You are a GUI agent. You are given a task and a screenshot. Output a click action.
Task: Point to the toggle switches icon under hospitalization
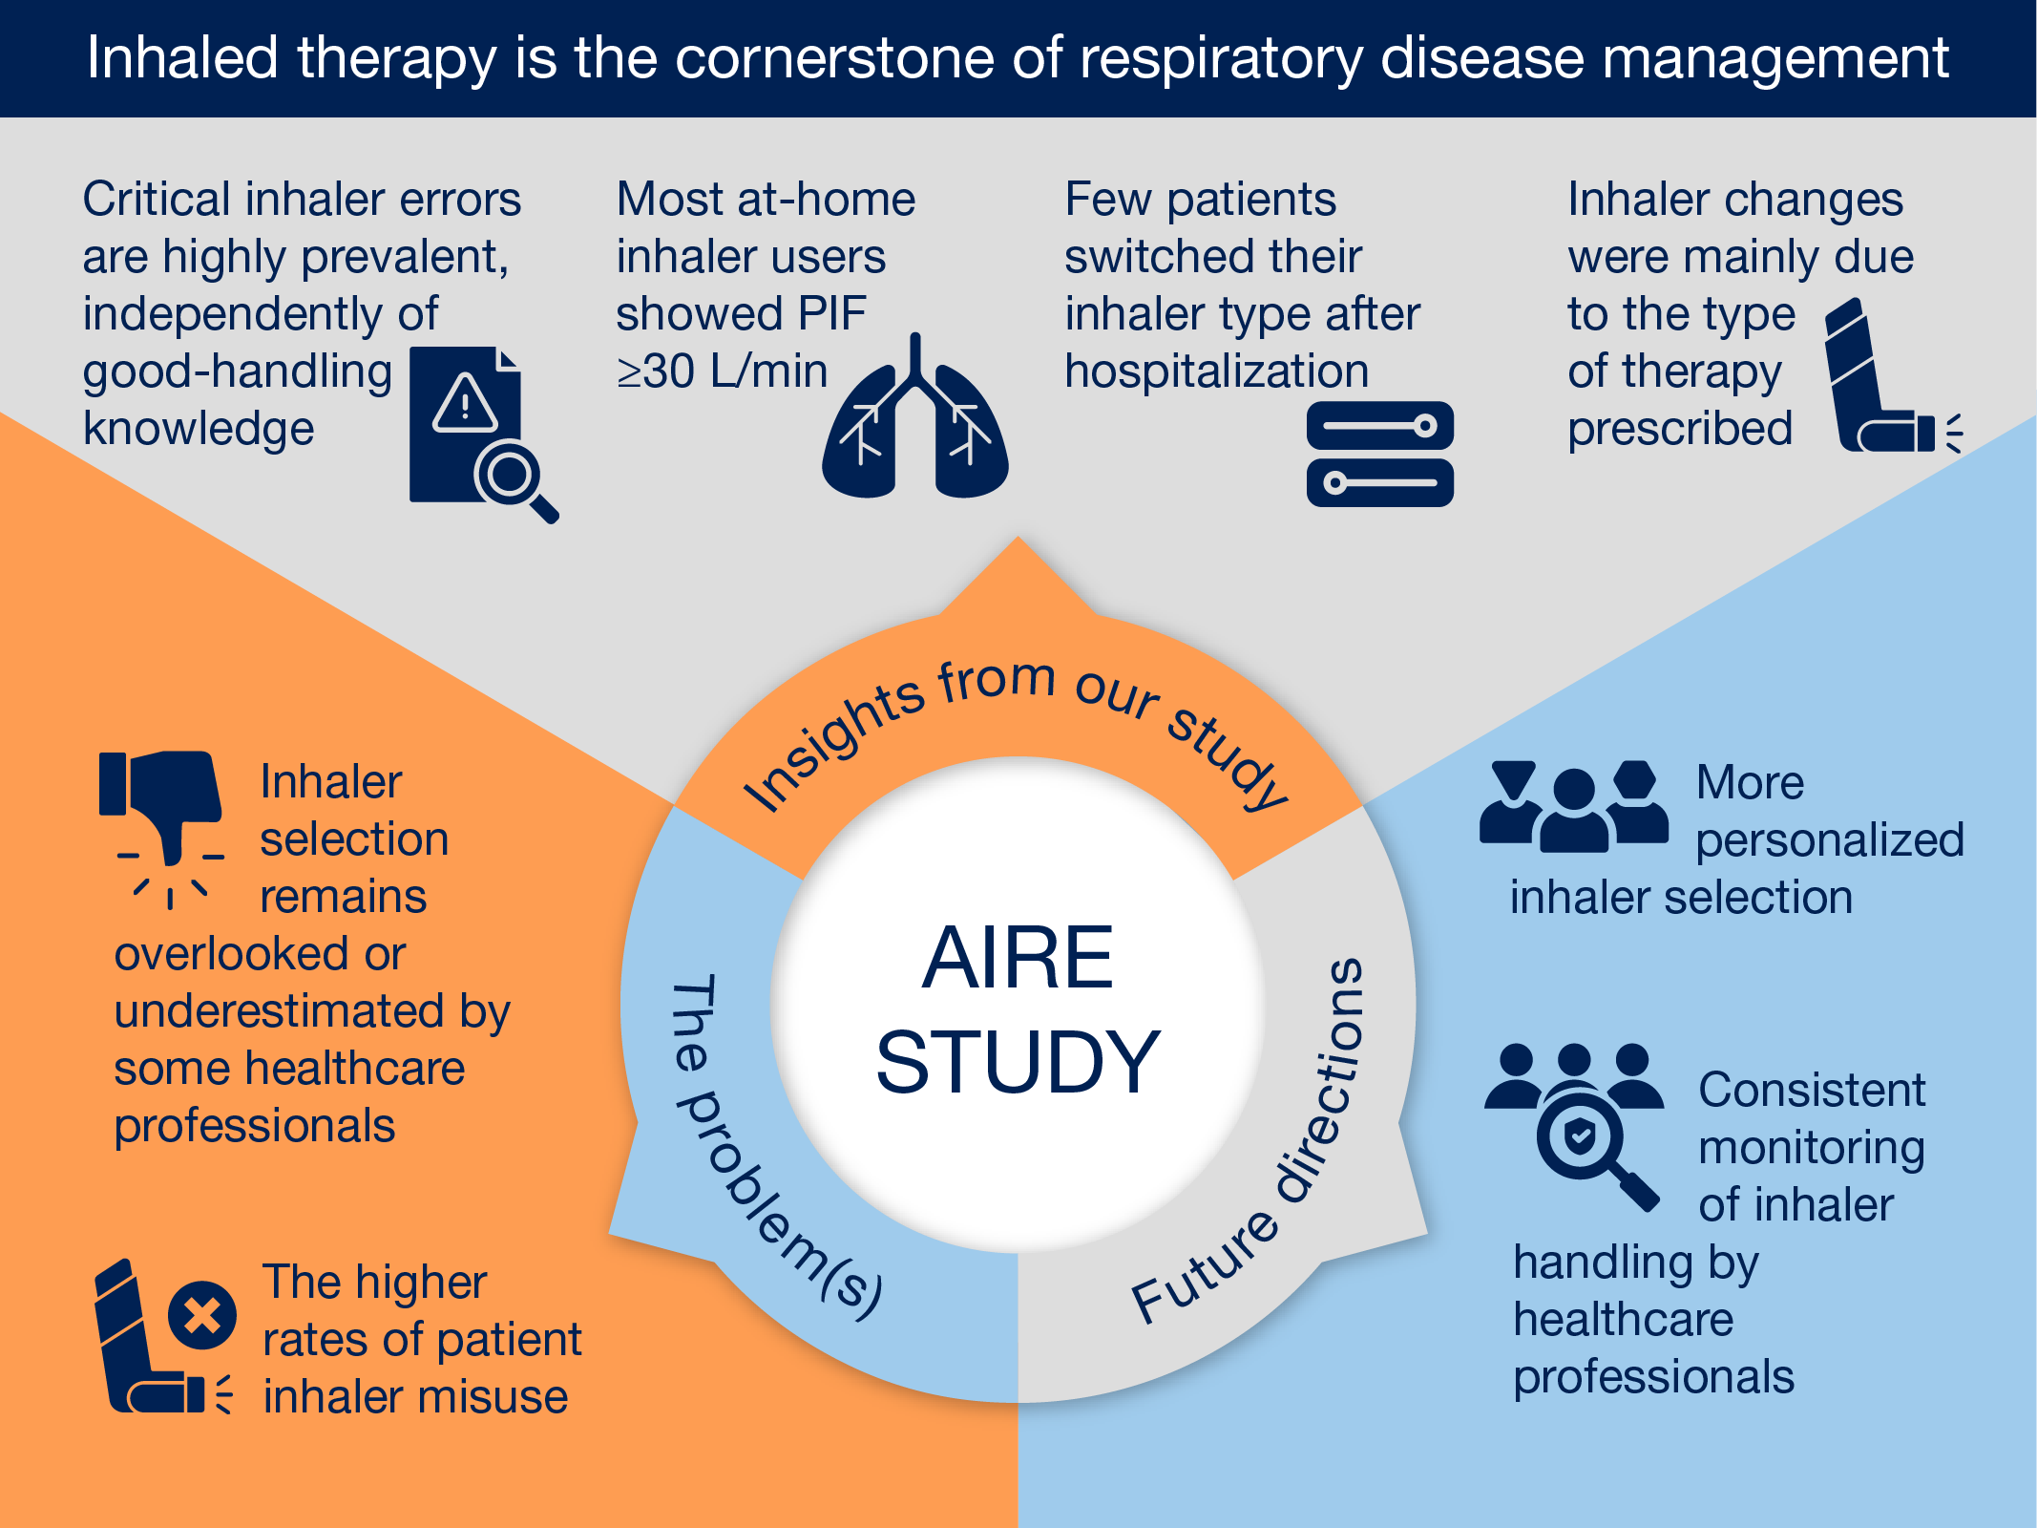point(1379,454)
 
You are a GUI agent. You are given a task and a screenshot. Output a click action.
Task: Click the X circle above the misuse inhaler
point(201,1315)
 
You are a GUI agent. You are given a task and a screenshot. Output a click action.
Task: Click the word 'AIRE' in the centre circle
point(1018,957)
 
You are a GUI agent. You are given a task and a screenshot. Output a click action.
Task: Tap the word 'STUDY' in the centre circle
point(1018,1061)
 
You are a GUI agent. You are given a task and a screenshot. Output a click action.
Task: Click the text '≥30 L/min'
point(722,371)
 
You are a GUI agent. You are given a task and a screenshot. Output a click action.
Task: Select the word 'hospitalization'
point(1216,371)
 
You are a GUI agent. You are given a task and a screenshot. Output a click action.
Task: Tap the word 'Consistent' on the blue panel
point(1811,1090)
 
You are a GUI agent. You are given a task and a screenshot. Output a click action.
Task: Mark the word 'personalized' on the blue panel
point(1829,840)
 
